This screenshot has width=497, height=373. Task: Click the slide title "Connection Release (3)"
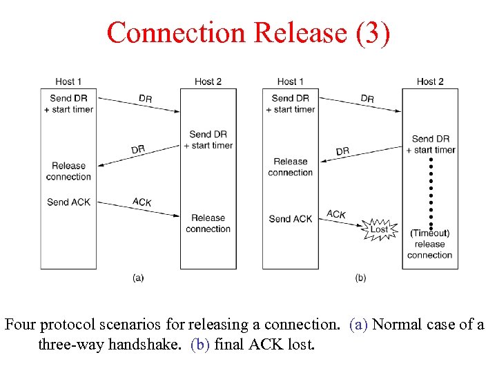248,32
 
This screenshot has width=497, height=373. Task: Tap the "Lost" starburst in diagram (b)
380,229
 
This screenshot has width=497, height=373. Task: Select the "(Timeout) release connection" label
429,244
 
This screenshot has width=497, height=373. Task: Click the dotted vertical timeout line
431,193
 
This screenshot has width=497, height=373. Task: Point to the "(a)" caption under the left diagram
138,278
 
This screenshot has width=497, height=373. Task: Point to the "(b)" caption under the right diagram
360,278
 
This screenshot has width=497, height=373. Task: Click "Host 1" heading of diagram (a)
68,82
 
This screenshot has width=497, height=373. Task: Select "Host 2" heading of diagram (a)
208,82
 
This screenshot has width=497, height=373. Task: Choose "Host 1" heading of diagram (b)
291,82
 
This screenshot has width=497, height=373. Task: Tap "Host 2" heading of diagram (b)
430,82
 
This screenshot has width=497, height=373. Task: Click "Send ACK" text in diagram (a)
68,202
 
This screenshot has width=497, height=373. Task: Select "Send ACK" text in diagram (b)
291,219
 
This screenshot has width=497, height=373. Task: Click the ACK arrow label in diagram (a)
142,202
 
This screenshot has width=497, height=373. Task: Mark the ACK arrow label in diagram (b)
336,215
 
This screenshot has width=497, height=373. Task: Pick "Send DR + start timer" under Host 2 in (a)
208,140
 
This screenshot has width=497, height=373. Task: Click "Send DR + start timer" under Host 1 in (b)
291,104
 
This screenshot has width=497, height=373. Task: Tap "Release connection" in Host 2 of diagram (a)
208,223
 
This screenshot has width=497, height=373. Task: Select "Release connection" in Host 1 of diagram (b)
291,166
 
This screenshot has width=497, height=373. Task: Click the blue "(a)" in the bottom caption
359,325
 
